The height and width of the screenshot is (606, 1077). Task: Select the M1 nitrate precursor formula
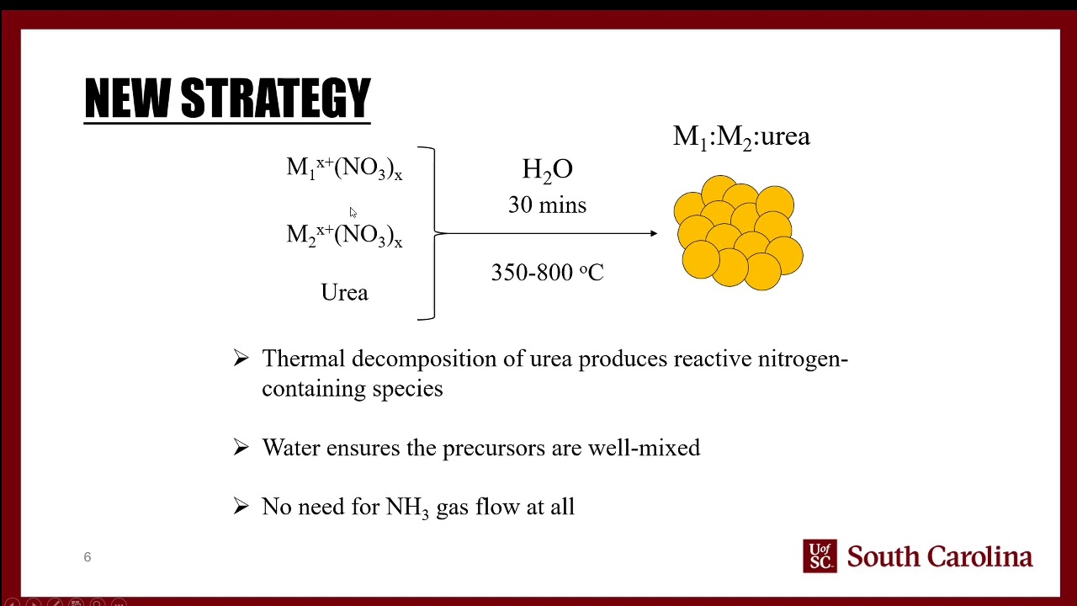[x=344, y=168]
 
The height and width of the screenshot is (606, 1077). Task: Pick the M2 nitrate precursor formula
[x=344, y=235]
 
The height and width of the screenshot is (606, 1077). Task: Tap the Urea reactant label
[x=344, y=293]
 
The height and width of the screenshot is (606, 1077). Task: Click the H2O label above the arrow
[x=547, y=170]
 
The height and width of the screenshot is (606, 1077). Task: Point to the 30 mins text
[x=547, y=205]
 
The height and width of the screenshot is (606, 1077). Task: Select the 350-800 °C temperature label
[x=547, y=273]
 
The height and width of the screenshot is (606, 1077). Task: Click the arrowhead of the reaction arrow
[x=653, y=233]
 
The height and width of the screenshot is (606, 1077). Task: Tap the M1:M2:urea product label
[x=741, y=137]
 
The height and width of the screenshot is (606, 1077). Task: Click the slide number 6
[x=87, y=557]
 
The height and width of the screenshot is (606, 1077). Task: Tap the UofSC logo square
[x=820, y=556]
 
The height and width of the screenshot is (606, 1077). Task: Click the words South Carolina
[x=939, y=557]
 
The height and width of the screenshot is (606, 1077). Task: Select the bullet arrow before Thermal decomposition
[x=241, y=359]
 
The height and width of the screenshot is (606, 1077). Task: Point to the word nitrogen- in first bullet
[x=803, y=359]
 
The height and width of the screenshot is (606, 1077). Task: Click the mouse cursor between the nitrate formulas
[x=353, y=212]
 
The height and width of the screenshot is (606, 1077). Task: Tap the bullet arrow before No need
[x=241, y=507]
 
